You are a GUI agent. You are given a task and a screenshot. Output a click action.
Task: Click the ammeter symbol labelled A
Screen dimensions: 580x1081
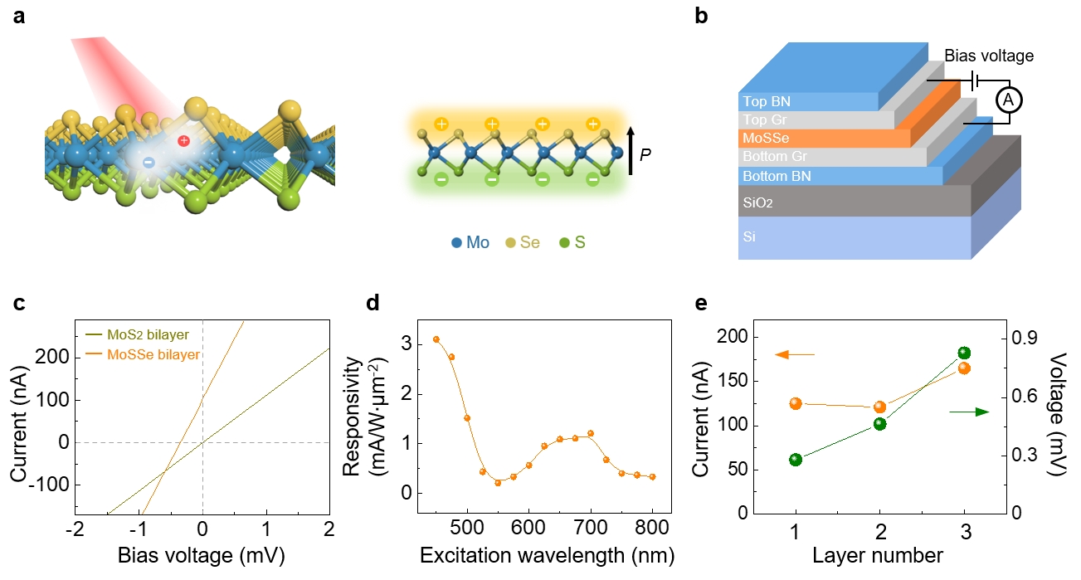click(x=1007, y=100)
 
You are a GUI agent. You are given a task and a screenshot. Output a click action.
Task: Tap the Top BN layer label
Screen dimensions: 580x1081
click(x=766, y=101)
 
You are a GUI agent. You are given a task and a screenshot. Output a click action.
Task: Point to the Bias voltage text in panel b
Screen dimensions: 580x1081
click(x=989, y=56)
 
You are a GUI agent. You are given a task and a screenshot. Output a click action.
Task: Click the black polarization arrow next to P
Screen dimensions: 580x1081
click(x=631, y=149)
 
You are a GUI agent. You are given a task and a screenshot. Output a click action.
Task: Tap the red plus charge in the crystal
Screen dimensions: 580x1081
click(x=184, y=141)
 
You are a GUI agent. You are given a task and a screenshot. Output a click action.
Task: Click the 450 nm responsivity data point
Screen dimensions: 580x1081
click(x=436, y=339)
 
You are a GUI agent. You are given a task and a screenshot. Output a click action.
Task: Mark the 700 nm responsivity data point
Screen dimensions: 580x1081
click(x=591, y=433)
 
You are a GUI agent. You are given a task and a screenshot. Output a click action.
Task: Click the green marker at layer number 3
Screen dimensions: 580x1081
click(x=964, y=353)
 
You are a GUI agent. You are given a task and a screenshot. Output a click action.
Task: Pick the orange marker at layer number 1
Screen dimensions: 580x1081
click(x=796, y=403)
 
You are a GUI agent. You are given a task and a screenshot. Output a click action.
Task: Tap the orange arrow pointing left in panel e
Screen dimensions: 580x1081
click(x=795, y=355)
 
